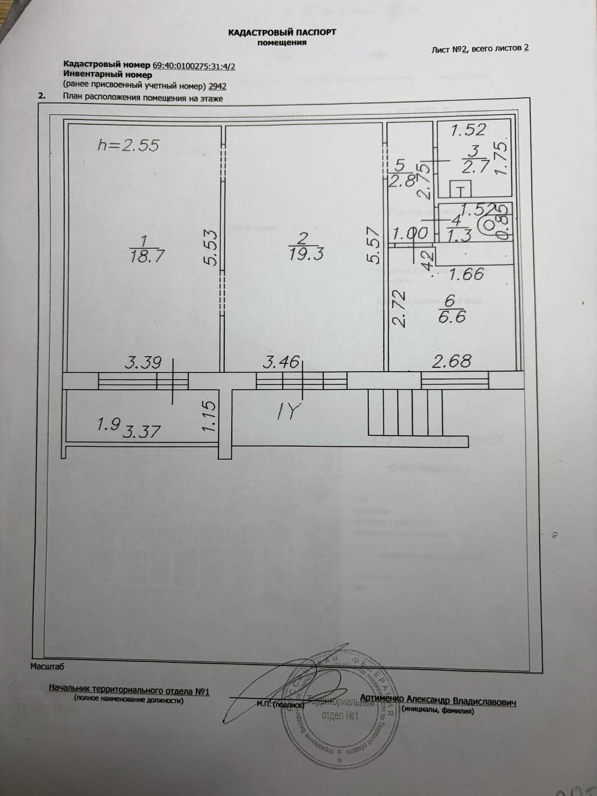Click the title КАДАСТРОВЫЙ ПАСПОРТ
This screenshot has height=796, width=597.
pyautogui.click(x=282, y=32)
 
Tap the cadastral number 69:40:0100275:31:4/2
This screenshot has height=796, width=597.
pyautogui.click(x=197, y=66)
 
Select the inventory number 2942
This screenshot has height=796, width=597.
pyautogui.click(x=217, y=87)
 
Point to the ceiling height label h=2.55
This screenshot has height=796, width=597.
pyautogui.click(x=128, y=145)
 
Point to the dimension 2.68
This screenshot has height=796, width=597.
pyautogui.click(x=452, y=361)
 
